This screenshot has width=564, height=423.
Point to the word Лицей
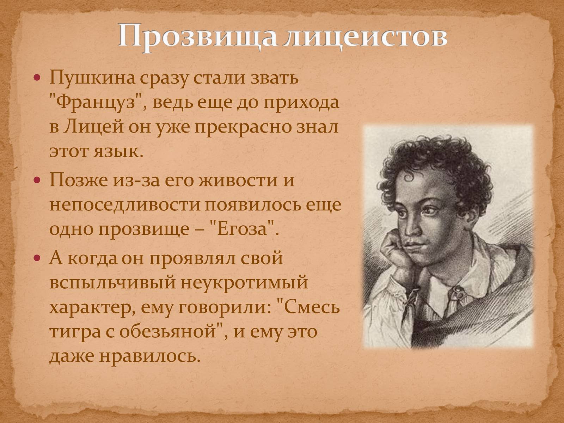pyautogui.click(x=93, y=127)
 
